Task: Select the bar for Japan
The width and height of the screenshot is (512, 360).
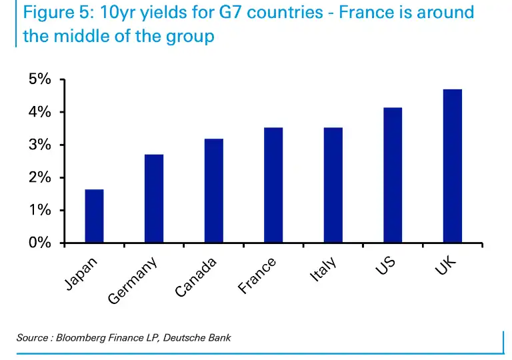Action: pos(94,216)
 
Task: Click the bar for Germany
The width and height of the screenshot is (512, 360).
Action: pos(154,199)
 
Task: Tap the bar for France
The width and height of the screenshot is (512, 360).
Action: pos(273,185)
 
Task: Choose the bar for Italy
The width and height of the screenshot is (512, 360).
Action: pos(333,185)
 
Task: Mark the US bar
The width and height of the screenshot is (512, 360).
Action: pos(393,175)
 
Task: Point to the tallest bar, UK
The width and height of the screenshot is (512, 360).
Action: pos(452,166)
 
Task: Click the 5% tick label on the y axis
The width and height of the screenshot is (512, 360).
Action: pos(40,79)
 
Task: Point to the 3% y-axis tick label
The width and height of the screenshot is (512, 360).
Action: pos(40,145)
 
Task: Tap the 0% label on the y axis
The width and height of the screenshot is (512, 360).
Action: pos(40,243)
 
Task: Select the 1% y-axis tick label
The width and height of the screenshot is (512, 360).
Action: pos(40,210)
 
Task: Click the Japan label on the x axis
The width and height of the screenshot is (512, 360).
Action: pos(81,273)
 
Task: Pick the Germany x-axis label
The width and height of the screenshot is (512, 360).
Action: pos(133,281)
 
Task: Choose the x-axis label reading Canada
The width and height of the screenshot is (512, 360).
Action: pos(196,278)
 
